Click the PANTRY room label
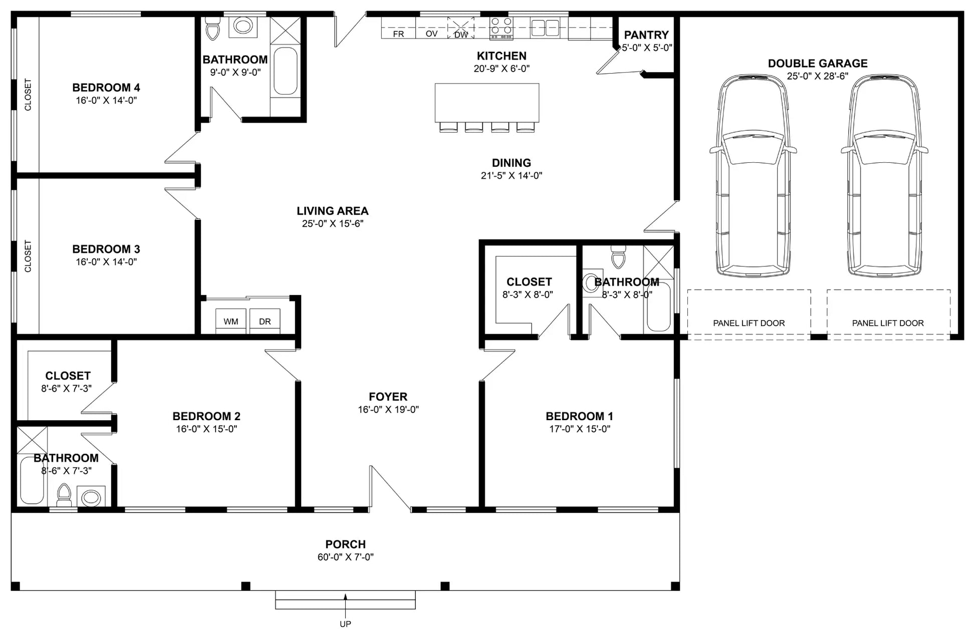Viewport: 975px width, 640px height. (x=646, y=35)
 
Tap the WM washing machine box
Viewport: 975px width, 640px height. (x=230, y=321)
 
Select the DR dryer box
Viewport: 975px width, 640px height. (x=265, y=321)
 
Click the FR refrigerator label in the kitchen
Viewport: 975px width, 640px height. (x=398, y=34)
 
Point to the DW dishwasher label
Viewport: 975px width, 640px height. (x=461, y=35)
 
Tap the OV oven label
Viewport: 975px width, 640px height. (x=431, y=34)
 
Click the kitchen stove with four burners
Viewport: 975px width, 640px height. (x=501, y=28)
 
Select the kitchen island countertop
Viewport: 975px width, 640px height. (x=487, y=103)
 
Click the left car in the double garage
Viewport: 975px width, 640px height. (x=753, y=175)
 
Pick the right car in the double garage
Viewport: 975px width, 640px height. (x=884, y=175)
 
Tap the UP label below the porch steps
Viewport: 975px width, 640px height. (x=345, y=624)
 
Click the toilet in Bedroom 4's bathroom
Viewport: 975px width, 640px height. (x=213, y=29)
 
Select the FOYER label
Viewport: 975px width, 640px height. (x=388, y=397)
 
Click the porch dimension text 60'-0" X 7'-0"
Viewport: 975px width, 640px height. (x=346, y=557)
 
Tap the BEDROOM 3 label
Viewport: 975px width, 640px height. (x=106, y=249)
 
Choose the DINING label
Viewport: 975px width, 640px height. (x=512, y=163)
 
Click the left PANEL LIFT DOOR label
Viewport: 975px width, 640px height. (x=749, y=323)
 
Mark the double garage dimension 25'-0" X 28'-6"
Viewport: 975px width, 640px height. (x=818, y=76)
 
